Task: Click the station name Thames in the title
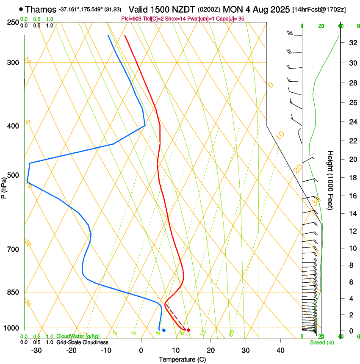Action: pos(40,9)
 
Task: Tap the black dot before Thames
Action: pos(21,9)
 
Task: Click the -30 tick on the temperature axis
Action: pos(37,350)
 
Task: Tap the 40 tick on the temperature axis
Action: pos(280,350)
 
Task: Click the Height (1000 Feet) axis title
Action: pos(330,180)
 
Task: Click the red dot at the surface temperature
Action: pos(188,330)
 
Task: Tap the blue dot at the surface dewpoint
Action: pos(164,330)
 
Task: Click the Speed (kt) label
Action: pos(322,342)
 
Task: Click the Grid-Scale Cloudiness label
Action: pos(82,342)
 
